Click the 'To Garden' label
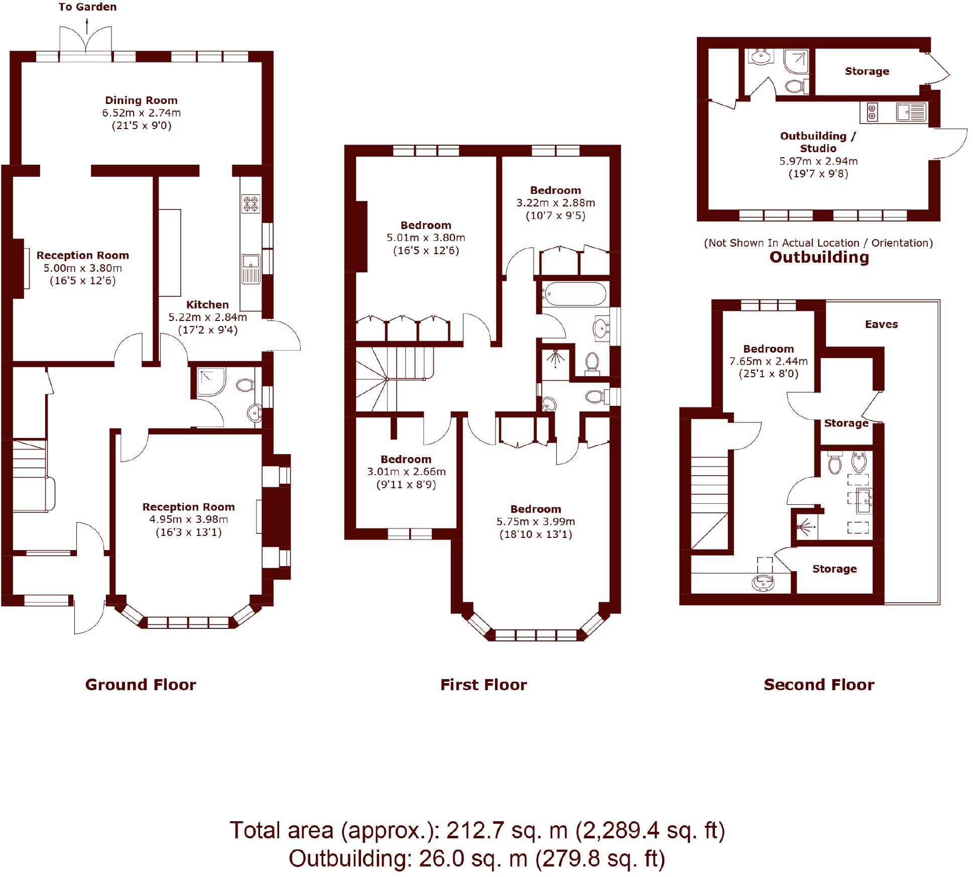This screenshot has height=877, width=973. tap(87, 7)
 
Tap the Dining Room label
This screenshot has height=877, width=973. tap(141, 100)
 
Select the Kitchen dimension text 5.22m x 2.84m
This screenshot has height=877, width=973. tap(207, 317)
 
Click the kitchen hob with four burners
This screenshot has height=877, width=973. tap(251, 204)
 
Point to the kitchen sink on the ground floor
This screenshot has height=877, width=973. tap(251, 269)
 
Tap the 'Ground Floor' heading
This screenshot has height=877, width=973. tap(141, 685)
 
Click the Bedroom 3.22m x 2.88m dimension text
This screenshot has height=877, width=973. tap(555, 203)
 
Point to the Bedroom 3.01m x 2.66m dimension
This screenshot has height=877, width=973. tap(406, 472)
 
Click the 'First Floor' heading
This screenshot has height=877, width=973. tap(483, 685)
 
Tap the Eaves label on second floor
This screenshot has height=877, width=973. tap(881, 324)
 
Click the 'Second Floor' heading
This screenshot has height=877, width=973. tap(819, 685)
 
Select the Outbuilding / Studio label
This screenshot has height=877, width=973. tap(818, 142)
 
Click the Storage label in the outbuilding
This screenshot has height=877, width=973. tap(867, 71)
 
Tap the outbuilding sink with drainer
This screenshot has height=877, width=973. tap(911, 112)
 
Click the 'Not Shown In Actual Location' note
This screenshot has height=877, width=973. tap(818, 243)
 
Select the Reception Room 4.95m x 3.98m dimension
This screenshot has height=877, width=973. tap(188, 519)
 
